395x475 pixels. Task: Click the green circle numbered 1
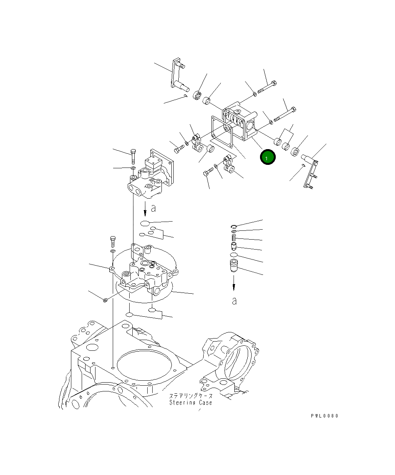(267, 157)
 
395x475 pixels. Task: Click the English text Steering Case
(191, 403)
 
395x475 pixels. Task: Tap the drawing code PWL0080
(324, 416)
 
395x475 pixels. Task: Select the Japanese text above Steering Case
(191, 396)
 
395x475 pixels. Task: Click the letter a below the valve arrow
(153, 209)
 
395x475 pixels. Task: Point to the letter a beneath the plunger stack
(234, 301)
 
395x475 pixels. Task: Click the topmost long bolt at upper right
(268, 87)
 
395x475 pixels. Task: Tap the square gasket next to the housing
(222, 131)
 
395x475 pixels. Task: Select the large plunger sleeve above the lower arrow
(233, 265)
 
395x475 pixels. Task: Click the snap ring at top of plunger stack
(234, 226)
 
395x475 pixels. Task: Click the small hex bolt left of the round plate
(113, 242)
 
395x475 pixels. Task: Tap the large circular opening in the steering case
(143, 366)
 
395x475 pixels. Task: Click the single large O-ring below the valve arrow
(145, 223)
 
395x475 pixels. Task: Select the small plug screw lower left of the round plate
(105, 300)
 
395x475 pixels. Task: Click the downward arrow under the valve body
(145, 209)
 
